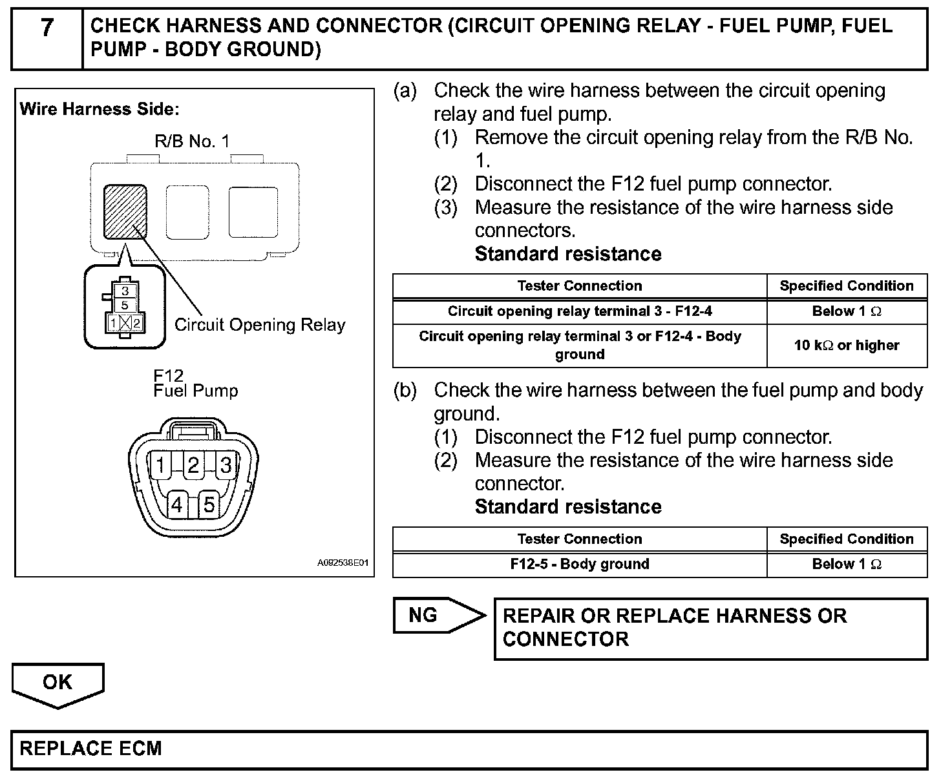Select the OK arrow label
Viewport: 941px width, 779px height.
(58, 683)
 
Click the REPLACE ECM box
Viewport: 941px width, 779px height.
(469, 749)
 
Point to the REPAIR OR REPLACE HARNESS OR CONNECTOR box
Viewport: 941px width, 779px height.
(710, 628)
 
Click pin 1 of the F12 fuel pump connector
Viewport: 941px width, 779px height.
(160, 464)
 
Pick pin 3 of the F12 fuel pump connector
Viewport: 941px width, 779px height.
(226, 464)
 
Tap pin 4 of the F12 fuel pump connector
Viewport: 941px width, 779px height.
(176, 504)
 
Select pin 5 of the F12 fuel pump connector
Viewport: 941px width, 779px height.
(209, 504)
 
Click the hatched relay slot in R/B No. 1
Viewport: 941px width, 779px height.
(125, 212)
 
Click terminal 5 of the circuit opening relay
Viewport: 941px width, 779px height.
(125, 305)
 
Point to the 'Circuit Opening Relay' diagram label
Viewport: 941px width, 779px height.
(260, 325)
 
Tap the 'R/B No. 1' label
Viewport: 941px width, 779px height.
(192, 141)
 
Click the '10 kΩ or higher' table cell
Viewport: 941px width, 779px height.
(847, 346)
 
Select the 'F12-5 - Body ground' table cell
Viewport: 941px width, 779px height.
(580, 564)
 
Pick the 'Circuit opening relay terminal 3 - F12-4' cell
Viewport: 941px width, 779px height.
(580, 311)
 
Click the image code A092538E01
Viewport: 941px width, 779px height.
(343, 563)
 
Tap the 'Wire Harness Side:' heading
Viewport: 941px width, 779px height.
(100, 109)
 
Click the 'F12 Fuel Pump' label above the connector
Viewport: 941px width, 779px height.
(195, 384)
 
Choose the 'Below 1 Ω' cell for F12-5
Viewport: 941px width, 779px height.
(847, 564)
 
